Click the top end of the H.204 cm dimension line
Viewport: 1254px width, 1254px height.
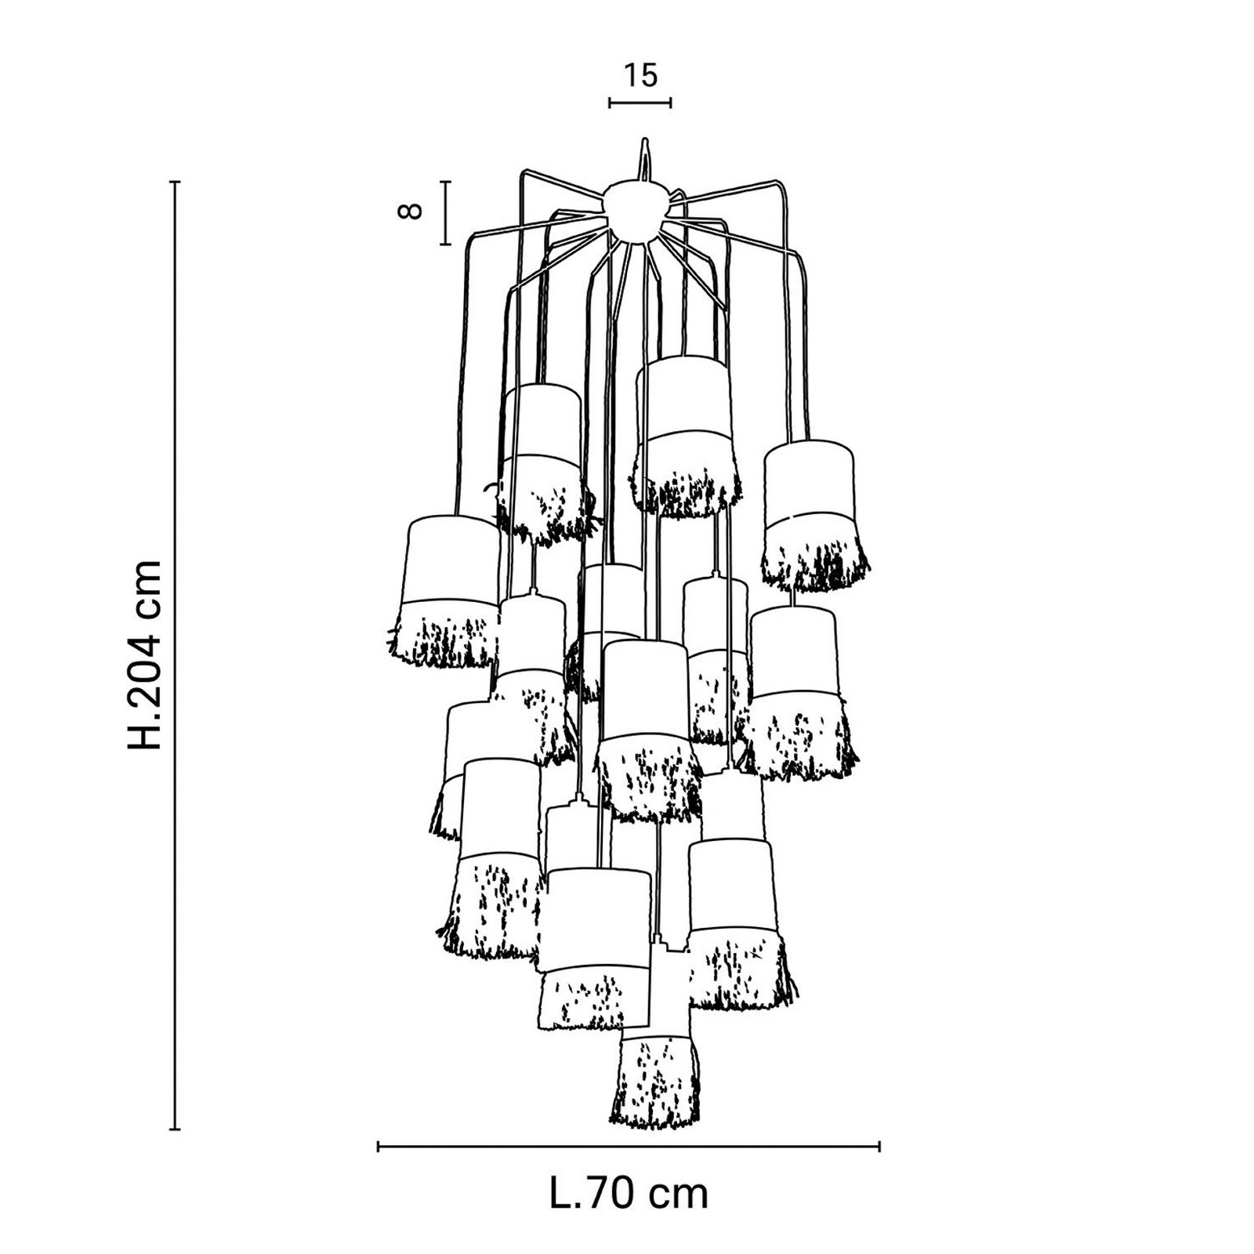pos(176,182)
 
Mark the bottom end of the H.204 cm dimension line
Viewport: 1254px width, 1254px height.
pos(176,1129)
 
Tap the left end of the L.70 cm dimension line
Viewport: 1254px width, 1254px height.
pos(379,1147)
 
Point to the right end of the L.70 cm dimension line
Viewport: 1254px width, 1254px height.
pos(879,1147)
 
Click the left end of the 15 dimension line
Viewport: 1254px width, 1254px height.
pos(610,102)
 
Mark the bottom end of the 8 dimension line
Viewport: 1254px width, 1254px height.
pos(445,245)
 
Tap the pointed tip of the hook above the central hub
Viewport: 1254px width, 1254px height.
pos(643,140)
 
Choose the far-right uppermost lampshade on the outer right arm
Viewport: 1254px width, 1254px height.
pos(815,513)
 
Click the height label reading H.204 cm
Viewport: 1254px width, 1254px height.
pos(146,654)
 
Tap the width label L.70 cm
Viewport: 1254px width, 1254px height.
pos(629,1194)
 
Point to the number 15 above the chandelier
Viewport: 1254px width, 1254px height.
pos(640,76)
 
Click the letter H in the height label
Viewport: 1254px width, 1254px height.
pos(146,736)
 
